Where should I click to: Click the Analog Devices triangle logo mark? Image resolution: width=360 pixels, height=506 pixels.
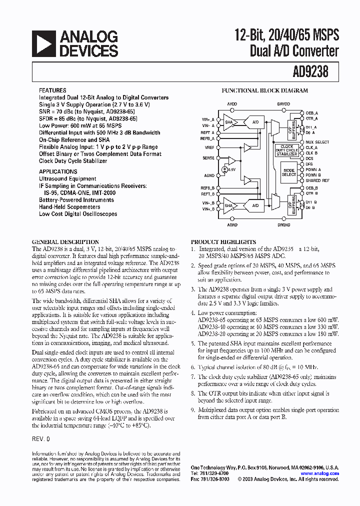click(43, 43)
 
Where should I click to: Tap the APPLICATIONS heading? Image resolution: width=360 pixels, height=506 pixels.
click(58, 171)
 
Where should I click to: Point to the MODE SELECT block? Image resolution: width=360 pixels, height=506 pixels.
click(288, 171)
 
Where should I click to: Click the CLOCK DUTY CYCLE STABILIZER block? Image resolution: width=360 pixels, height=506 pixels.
click(287, 150)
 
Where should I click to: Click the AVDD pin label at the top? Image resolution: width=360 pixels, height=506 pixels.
click(232, 103)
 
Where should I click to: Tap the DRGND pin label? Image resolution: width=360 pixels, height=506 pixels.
click(283, 225)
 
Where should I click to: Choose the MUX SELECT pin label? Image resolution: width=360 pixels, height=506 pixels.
click(317, 142)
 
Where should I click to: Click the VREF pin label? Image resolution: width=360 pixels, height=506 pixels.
click(209, 148)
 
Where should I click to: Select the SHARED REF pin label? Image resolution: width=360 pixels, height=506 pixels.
click(317, 180)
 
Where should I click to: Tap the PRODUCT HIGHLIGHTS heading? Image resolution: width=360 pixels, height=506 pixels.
click(218, 241)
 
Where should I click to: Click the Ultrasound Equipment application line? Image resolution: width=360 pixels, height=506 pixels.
click(67, 178)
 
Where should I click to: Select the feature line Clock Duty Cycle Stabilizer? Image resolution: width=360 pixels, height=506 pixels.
click(73, 161)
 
